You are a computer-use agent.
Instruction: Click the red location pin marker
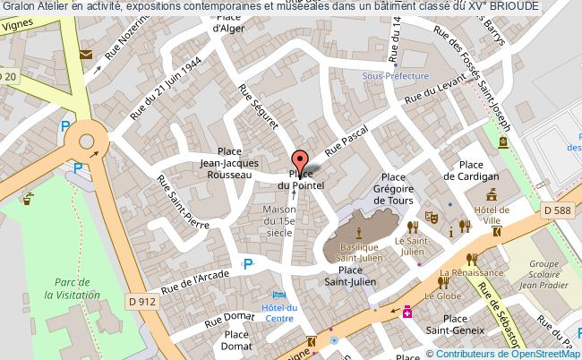300,159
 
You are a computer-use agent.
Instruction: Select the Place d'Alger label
229,22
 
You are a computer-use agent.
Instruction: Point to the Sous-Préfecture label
396,77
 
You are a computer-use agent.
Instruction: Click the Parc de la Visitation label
51,287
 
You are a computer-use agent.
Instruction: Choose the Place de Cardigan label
478,170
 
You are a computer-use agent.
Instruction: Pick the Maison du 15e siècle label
279,220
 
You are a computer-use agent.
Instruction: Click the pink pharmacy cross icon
407,312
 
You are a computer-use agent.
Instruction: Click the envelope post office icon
86,55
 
